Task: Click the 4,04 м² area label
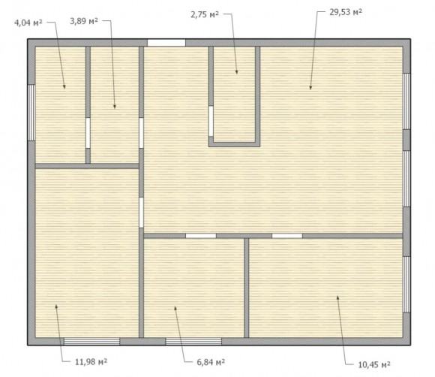(28, 23)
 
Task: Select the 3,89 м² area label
(84, 21)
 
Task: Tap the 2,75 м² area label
(205, 14)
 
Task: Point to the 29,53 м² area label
(346, 12)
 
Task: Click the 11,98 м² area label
(91, 362)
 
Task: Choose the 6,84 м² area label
(211, 362)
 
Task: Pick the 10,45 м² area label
(374, 364)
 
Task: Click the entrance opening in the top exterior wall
(166, 43)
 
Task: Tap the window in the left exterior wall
(31, 113)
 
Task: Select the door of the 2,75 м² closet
(211, 121)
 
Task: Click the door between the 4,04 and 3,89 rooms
(88, 133)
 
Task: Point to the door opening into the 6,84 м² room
(201, 236)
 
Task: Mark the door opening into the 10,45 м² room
(287, 236)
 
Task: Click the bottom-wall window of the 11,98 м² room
(91, 342)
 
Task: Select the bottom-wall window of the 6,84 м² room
(193, 342)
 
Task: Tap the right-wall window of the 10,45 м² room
(406, 285)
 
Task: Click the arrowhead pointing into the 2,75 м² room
(237, 72)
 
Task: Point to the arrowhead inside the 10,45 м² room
(337, 298)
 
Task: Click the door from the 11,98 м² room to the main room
(141, 213)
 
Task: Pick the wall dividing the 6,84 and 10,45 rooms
(246, 288)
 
